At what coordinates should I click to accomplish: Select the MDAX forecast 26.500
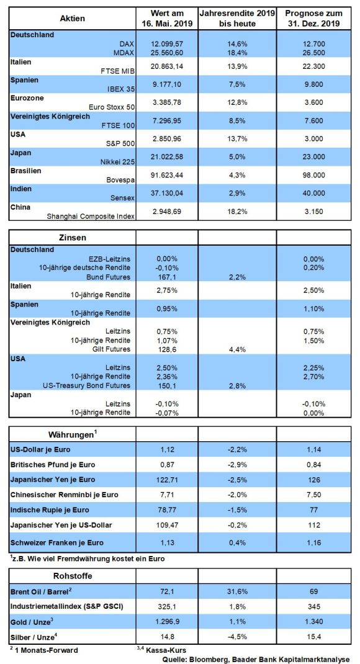pos(314,52)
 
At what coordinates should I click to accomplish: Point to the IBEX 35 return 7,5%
pos(237,84)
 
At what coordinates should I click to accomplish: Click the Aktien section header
pos(73,18)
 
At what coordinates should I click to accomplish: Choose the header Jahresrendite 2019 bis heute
pos(237,19)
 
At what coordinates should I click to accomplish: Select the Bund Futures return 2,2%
pos(237,277)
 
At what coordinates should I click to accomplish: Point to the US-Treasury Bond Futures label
pos(86,386)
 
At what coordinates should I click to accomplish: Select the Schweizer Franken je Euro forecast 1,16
pos(314,543)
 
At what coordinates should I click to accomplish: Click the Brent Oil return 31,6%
pos(237,590)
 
